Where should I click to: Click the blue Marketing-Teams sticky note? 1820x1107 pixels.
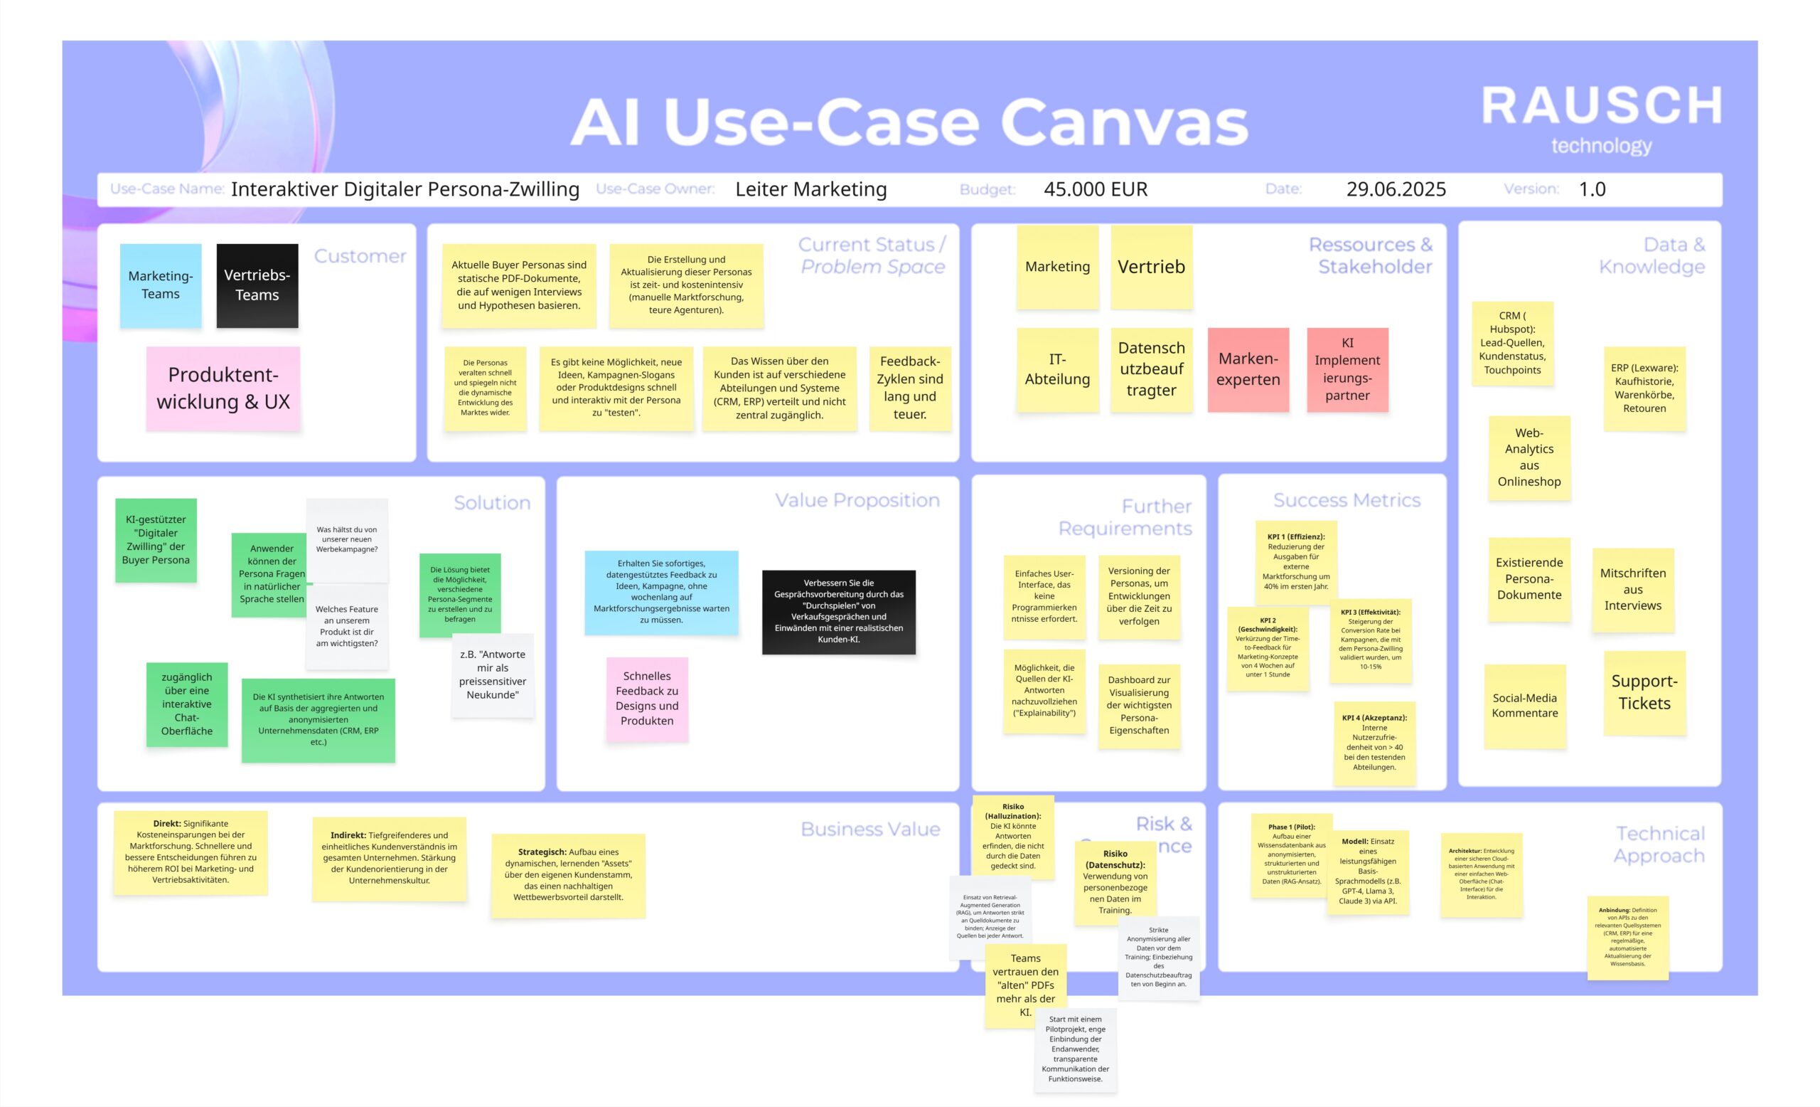[160, 285]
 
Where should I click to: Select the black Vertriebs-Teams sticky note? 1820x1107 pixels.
[257, 285]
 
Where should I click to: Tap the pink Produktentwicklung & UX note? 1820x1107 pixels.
[223, 388]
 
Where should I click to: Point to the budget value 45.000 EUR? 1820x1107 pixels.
[1096, 189]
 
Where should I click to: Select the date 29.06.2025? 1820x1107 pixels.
[1396, 189]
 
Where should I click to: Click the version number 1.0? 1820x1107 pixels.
[1592, 189]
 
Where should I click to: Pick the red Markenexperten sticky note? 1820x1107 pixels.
[1248, 369]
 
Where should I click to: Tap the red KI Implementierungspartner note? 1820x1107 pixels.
[1347, 369]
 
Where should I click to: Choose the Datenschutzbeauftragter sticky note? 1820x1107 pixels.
[1151, 369]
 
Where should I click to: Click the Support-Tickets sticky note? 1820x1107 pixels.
[1644, 692]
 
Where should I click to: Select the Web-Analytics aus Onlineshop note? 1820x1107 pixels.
[1529, 457]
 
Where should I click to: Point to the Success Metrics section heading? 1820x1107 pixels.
[1346, 500]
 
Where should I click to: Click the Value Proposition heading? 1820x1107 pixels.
[857, 500]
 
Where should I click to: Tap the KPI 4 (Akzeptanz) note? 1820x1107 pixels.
[1374, 742]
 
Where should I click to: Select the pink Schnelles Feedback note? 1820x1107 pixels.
[647, 699]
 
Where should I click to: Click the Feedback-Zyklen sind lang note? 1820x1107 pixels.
[909, 388]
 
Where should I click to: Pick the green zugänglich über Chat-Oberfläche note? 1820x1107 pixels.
[187, 704]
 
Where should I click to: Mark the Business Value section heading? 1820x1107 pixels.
[870, 829]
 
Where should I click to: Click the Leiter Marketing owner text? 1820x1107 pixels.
[810, 189]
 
